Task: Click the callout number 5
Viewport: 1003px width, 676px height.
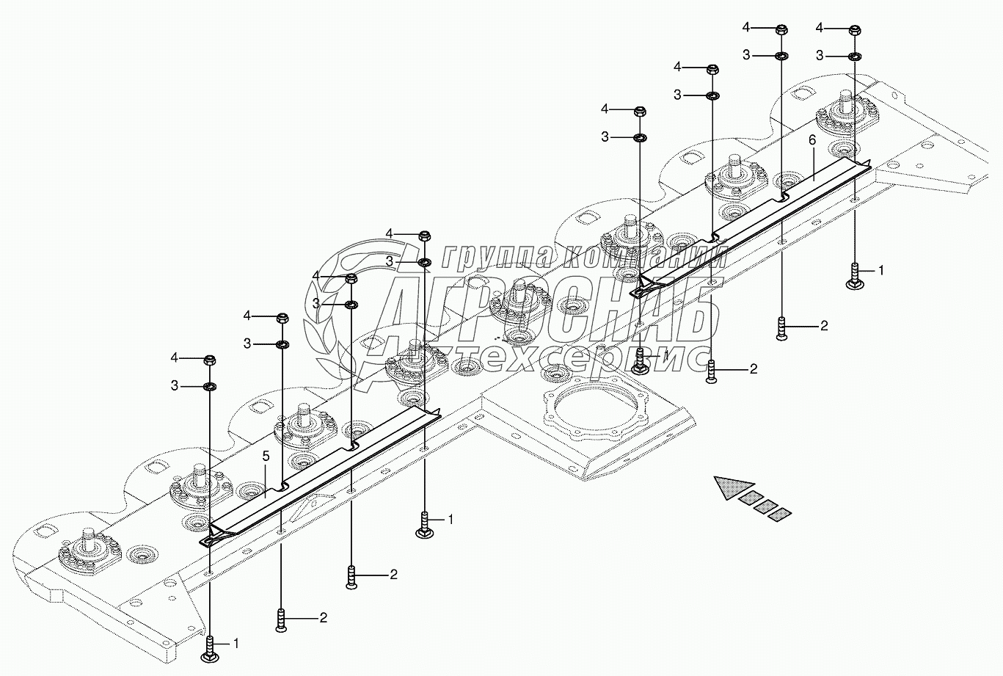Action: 266,457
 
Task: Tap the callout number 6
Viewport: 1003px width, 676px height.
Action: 812,140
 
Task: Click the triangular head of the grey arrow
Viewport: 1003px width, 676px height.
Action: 734,488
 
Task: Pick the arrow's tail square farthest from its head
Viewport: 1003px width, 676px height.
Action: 780,515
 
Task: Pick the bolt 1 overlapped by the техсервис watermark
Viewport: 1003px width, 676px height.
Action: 640,360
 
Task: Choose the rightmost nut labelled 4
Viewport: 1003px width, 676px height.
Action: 855,30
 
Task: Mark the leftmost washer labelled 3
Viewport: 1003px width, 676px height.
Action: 209,386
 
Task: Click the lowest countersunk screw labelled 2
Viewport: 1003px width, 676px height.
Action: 281,619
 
